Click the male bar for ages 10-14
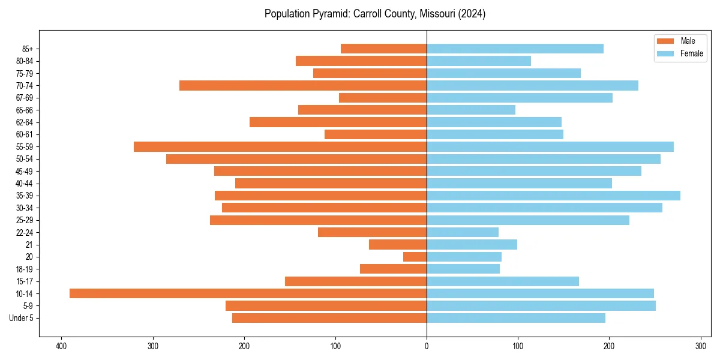coord(248,293)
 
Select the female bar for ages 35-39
coord(553,196)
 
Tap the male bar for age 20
coord(415,257)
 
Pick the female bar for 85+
coord(515,49)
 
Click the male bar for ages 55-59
coord(280,146)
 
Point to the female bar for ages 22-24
coord(463,232)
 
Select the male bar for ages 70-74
coord(303,85)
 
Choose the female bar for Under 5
coord(516,318)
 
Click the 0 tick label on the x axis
coord(427,346)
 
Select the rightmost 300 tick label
coord(700,346)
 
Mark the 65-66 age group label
coord(25,110)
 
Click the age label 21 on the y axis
coord(29,245)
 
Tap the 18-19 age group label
coord(25,269)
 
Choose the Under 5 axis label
coord(22,318)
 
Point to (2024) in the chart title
coord(471,14)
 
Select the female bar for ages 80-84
coord(479,61)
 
